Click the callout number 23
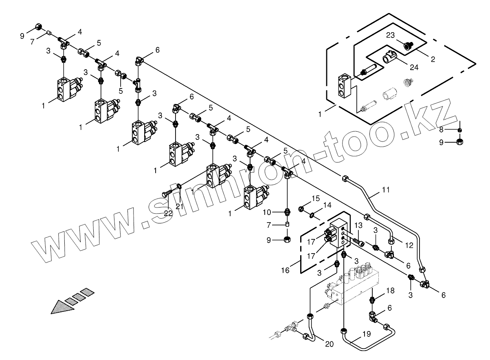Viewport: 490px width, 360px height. click(390, 35)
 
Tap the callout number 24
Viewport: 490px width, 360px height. click(414, 67)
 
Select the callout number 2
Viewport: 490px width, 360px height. click(433, 60)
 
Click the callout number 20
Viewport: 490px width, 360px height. click(329, 344)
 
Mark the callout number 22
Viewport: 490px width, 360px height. click(168, 213)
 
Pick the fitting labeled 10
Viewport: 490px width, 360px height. click(288, 212)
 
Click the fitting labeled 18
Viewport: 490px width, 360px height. click(371, 301)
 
